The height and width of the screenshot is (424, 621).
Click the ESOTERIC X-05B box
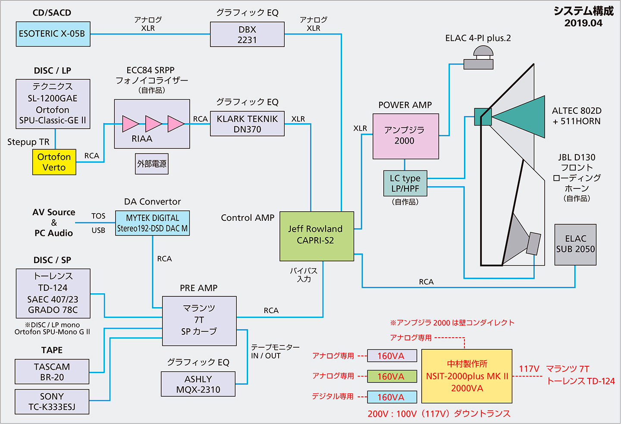53,34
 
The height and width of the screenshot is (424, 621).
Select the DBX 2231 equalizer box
247,35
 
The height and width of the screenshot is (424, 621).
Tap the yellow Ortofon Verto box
54,162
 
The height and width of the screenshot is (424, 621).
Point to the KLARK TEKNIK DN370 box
247,124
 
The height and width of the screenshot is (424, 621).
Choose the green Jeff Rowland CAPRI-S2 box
317,236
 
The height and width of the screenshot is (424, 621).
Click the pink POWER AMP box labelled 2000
405,136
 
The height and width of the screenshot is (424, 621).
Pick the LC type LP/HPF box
405,183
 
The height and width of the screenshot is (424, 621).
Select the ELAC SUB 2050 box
575,245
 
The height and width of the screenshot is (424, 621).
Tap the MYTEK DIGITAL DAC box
152,223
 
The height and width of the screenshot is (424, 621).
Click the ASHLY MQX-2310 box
198,384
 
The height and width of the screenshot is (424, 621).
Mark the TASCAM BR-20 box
52,372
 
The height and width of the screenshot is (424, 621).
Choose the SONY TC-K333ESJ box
52,402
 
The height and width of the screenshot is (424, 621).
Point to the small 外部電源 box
152,164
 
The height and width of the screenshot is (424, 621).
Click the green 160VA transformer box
392,377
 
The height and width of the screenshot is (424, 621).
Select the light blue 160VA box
392,397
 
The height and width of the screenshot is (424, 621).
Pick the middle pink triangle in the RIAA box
153,124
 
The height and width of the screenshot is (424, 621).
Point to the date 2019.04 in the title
583,23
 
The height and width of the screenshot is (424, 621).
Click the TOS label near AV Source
98,216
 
